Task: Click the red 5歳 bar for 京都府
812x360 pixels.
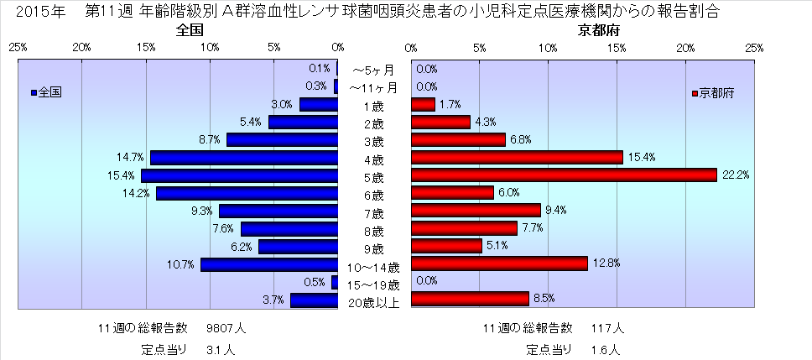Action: click(564, 175)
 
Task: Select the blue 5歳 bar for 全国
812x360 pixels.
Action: click(239, 175)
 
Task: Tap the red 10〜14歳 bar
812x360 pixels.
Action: click(499, 263)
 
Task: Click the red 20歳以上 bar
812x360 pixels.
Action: click(470, 299)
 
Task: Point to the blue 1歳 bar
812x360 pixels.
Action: click(318, 105)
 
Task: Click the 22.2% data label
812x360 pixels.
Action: click(737, 175)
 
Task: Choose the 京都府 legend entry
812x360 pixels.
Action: click(712, 93)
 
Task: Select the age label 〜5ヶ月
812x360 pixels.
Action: click(373, 70)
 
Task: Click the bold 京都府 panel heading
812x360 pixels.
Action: click(596, 31)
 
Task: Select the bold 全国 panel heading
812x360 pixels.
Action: click(190, 31)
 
